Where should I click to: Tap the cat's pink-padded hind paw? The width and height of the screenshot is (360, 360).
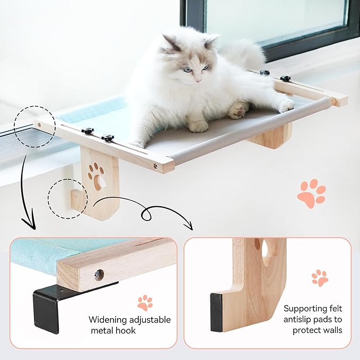pos(239,110)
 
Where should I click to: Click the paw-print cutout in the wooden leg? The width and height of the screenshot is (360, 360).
pos(96,175)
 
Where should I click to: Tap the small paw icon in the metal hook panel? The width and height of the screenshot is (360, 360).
pos(145,303)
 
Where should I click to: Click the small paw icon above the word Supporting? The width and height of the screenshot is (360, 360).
pos(319,278)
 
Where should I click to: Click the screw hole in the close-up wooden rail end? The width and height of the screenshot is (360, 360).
pos(99,275)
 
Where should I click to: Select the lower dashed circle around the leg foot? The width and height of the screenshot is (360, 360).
pos(67,199)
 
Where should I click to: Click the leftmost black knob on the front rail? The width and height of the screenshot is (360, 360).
pos(87,130)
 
